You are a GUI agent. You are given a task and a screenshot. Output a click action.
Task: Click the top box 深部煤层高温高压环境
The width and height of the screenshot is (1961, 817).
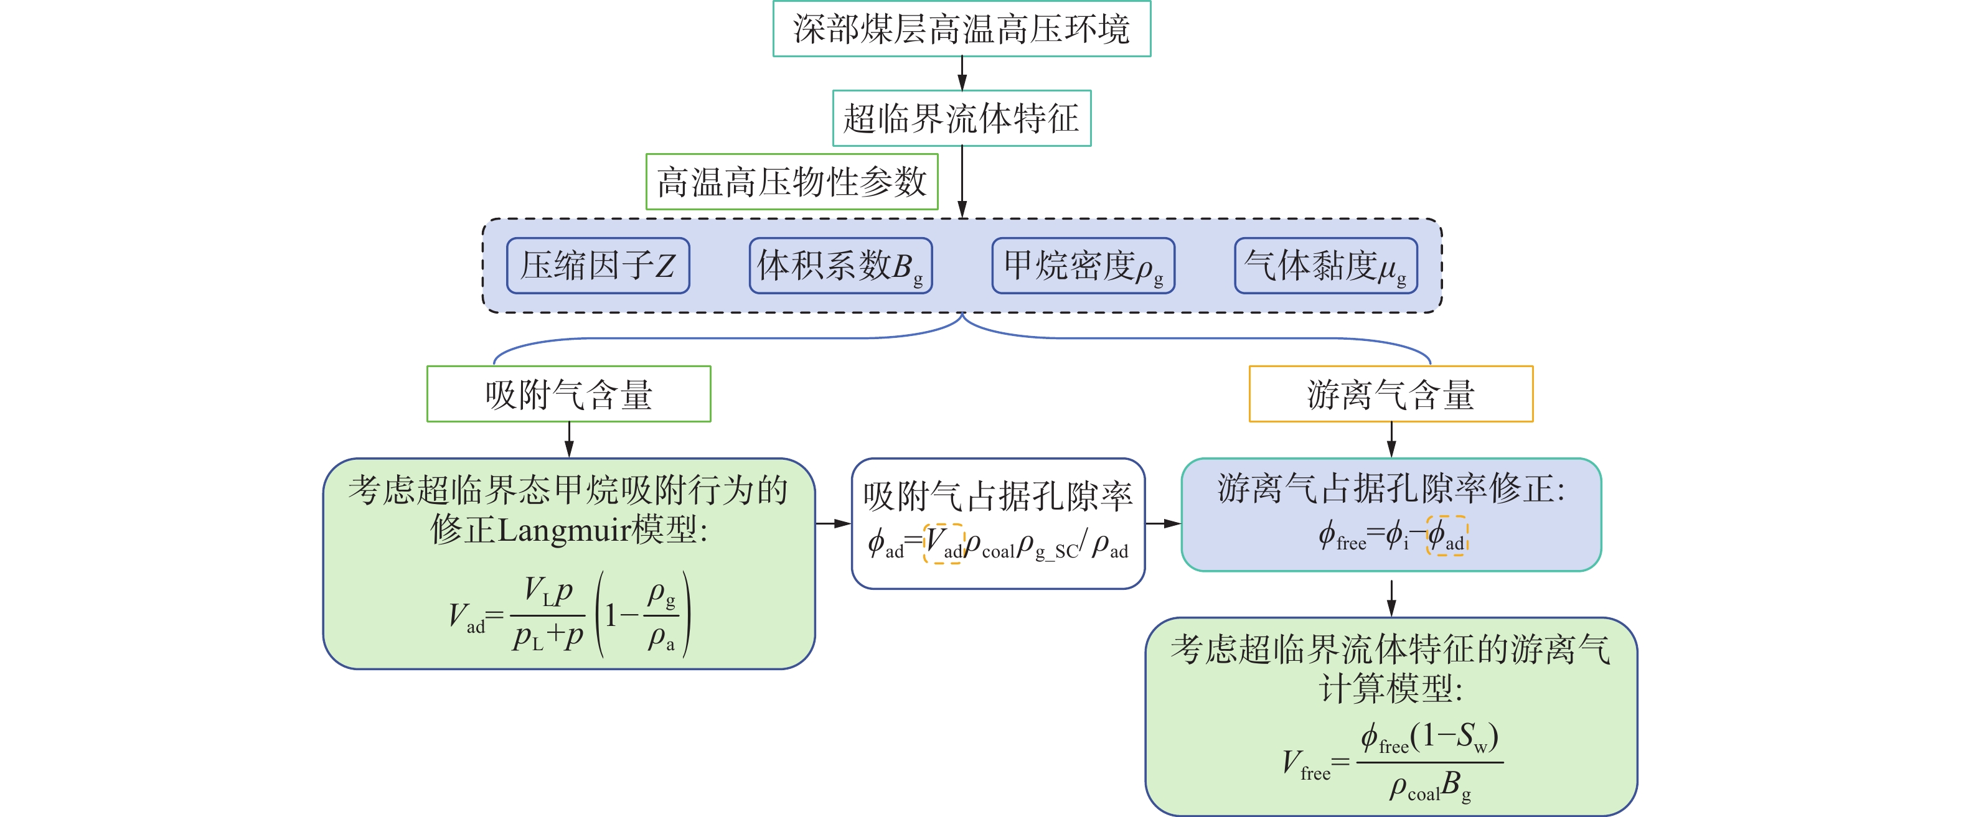961,29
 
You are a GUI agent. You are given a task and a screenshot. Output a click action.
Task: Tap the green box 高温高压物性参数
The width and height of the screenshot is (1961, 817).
792,182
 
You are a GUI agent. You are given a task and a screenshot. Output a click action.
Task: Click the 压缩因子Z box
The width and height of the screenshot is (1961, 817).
598,266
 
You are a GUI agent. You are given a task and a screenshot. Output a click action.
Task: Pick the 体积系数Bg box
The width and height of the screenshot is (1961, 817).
840,266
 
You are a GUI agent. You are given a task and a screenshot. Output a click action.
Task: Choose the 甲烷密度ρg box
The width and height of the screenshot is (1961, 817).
1083,266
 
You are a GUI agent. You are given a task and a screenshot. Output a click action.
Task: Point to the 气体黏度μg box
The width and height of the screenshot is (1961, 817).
1325,266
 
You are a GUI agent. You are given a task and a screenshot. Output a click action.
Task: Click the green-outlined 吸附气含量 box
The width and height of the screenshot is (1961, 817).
568,394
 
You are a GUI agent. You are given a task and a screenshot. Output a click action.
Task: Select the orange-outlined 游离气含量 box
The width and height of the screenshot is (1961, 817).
1391,394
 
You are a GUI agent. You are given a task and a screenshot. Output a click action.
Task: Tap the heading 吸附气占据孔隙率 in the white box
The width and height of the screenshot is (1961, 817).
998,496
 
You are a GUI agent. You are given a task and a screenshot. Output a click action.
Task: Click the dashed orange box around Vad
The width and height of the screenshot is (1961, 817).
943,543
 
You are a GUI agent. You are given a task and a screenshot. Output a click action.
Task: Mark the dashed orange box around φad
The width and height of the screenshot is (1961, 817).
1446,536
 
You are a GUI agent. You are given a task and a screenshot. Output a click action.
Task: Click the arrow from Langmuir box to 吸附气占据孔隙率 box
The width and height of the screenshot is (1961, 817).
833,523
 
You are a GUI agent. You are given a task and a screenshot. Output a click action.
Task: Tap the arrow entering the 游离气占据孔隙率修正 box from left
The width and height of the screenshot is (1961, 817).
1162,523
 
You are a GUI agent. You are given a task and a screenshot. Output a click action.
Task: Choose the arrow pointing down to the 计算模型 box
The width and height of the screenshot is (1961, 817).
1391,598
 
